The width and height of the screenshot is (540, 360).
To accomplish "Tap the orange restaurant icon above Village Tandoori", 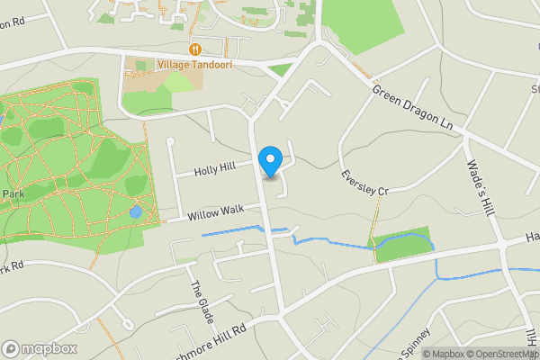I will pos(193,49).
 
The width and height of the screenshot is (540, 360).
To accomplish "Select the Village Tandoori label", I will pos(193,64).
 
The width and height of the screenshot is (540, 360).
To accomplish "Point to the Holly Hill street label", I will pos(215,167).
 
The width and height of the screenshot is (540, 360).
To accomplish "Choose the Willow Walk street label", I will pos(216,213).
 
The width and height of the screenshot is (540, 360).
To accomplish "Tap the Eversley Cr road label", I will pos(364,183).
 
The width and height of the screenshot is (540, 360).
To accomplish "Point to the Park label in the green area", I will pos(13,194).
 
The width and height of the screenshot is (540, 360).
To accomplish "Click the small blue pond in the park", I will pos(135,212).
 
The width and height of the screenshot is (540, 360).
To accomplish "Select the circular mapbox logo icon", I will pos(12,349).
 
